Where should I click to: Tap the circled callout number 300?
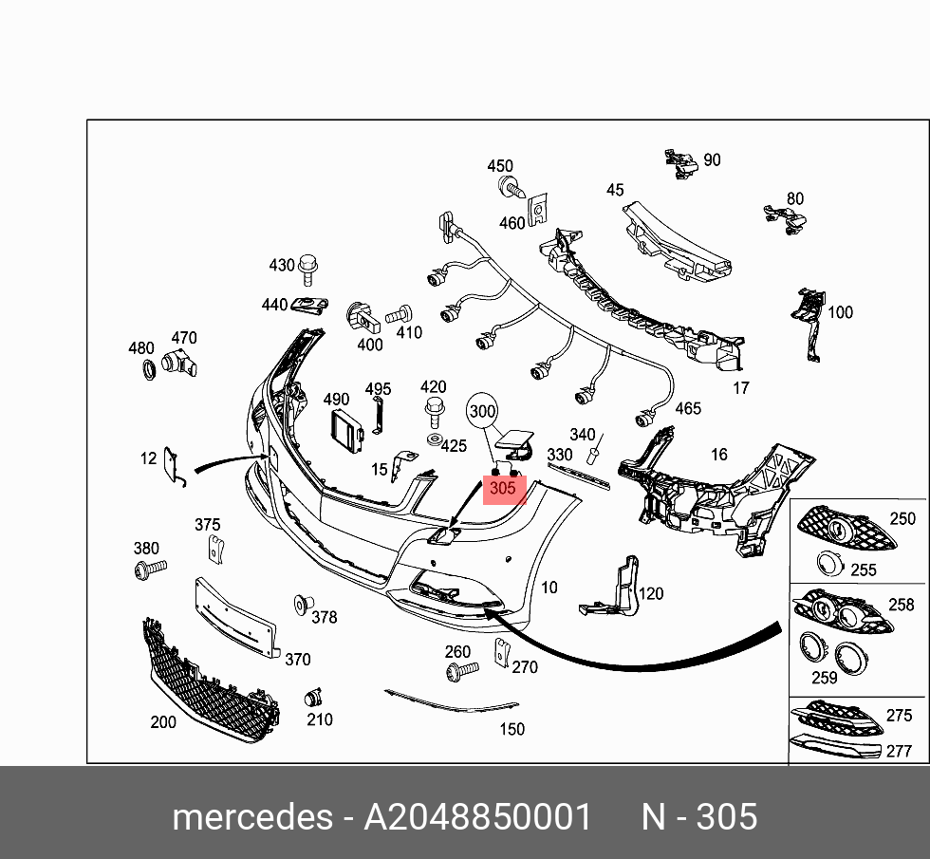pos(483,411)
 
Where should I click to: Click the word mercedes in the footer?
pos(251,816)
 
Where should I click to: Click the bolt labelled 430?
pos(307,270)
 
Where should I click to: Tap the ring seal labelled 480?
pos(147,369)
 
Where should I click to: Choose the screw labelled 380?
pos(150,570)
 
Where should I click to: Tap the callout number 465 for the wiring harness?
pos(687,408)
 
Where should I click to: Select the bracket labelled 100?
pos(809,323)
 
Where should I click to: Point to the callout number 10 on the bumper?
pos(549,588)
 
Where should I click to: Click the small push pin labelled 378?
pos(303,604)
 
